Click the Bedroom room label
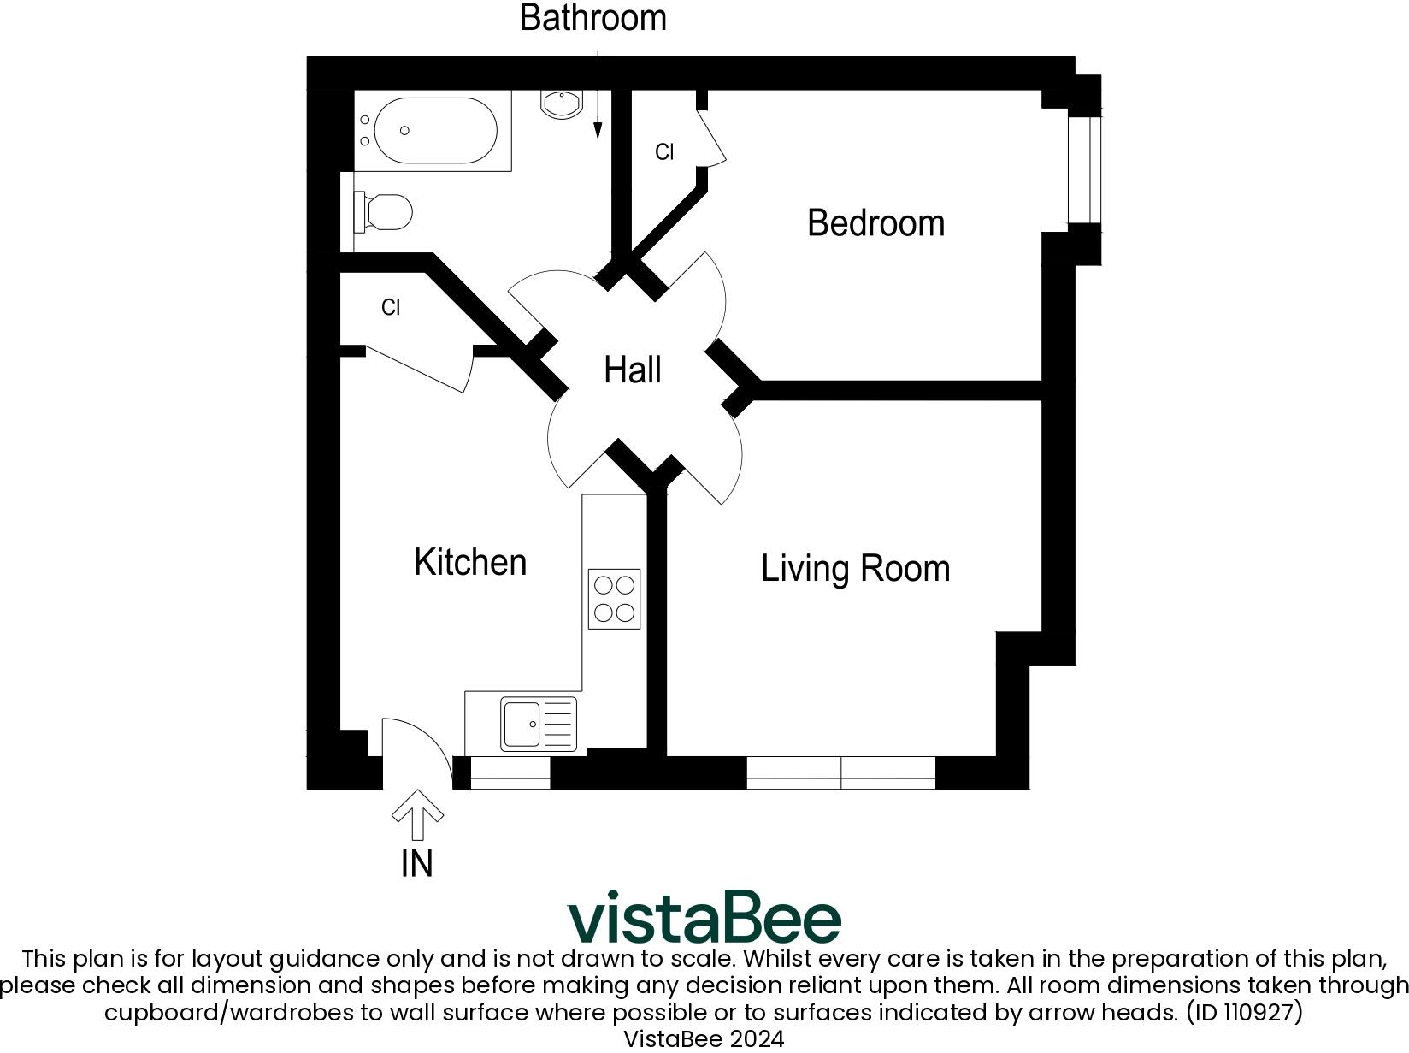[x=875, y=222]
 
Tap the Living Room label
[x=855, y=568]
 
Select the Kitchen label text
[x=470, y=562]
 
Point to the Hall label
[x=632, y=370]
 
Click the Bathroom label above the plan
[x=592, y=18]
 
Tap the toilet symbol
[x=386, y=212]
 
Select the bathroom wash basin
[x=561, y=104]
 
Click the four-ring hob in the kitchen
[x=614, y=599]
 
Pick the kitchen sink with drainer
[x=539, y=725]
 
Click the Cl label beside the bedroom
[x=664, y=151]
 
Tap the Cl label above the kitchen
[x=391, y=307]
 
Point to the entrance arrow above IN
[x=417, y=814]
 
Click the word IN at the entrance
[x=417, y=863]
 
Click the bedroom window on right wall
[x=1084, y=169]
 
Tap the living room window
[x=840, y=772]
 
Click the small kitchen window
[x=510, y=772]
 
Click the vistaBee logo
[x=704, y=917]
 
